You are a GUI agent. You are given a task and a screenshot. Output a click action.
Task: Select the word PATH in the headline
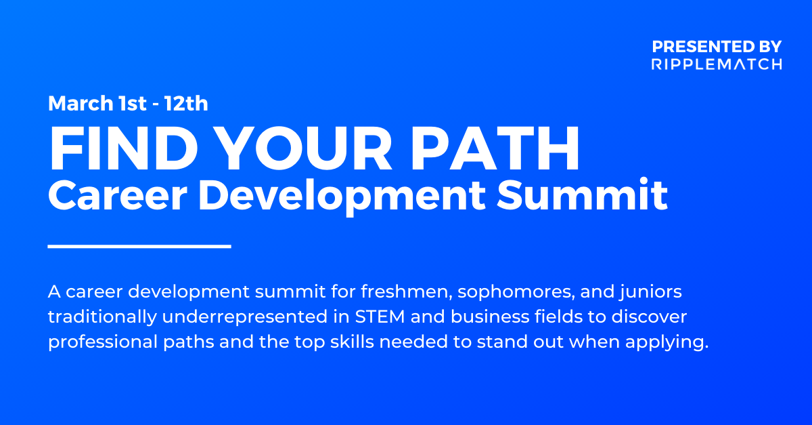click(495, 148)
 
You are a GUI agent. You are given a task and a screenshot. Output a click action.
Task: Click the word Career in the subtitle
click(118, 195)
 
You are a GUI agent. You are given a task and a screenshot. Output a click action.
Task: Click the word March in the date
click(81, 103)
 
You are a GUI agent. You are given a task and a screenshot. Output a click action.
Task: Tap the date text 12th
click(186, 103)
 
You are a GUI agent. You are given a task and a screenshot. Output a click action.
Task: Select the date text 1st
click(133, 104)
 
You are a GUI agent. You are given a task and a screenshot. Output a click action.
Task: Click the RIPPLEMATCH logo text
click(717, 64)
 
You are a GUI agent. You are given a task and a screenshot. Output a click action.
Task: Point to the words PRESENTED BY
click(717, 47)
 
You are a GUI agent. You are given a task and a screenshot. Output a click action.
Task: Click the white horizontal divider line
click(139, 246)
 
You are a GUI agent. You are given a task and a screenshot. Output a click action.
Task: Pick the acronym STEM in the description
click(380, 317)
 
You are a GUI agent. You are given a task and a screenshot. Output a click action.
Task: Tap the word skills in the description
click(352, 342)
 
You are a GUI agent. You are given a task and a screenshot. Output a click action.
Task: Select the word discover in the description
click(649, 317)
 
